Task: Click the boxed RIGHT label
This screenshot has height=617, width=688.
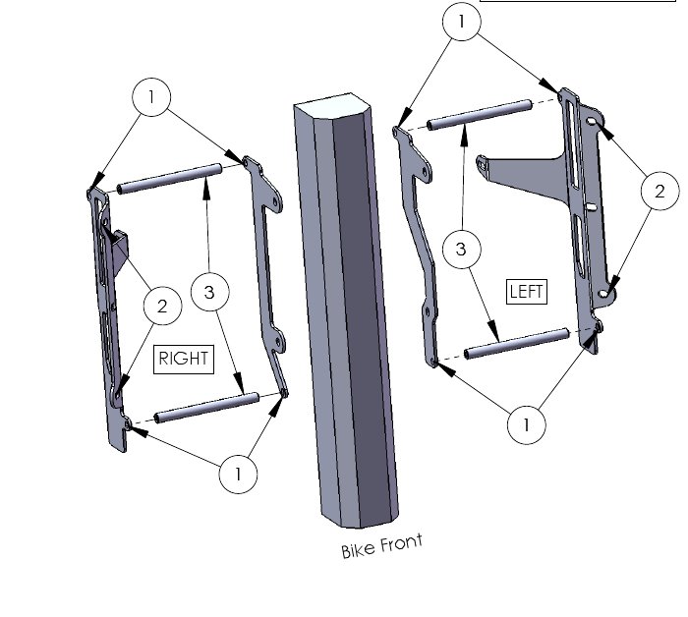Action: tap(184, 360)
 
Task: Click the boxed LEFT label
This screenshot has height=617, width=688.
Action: tap(527, 292)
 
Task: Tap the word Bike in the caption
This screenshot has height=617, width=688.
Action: tap(358, 550)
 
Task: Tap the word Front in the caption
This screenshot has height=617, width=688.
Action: tap(401, 543)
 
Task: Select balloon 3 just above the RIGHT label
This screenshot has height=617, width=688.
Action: tap(210, 292)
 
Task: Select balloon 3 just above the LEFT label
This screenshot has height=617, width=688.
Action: tap(462, 249)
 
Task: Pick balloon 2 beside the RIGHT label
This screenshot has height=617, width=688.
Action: tap(163, 306)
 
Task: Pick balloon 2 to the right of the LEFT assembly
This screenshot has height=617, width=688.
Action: tap(659, 191)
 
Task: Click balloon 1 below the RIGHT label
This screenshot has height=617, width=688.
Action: tap(238, 474)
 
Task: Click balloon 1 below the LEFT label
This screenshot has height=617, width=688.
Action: tap(526, 424)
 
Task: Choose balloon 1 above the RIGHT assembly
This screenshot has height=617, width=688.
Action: tap(151, 97)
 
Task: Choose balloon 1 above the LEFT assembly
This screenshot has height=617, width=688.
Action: tap(462, 21)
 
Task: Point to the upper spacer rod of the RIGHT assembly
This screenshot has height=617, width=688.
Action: tap(169, 179)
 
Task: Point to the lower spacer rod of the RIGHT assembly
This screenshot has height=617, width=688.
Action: tap(206, 408)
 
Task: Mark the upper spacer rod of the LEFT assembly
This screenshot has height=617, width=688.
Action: tap(480, 115)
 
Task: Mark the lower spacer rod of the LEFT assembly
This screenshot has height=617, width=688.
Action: tap(517, 344)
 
